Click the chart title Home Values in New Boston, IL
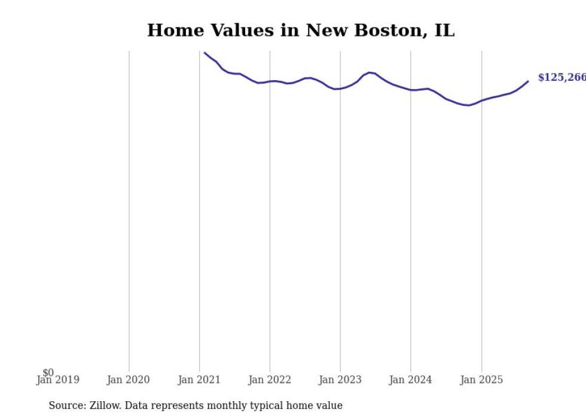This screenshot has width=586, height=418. pos(301,30)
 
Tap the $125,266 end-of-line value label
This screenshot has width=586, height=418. pos(561,78)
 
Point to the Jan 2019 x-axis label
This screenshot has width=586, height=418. pos(57,380)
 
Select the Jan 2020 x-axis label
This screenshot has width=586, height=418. pos(128,380)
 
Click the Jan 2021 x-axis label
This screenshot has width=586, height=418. pos(199,380)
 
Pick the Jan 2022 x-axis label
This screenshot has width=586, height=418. pos(269,380)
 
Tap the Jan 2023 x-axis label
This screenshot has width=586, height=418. pos(340,380)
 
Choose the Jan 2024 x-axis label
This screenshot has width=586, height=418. pos(410,380)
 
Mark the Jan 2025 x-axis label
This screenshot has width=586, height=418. pos(481,380)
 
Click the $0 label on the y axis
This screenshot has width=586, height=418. pos(48,373)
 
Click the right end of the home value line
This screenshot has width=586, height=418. pos(528,81)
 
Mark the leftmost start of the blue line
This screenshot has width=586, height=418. pos(205,53)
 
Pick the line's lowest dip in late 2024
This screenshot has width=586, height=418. pos(468,105)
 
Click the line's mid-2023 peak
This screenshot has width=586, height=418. pos(370,72)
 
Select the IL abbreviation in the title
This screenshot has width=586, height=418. pos(444,30)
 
